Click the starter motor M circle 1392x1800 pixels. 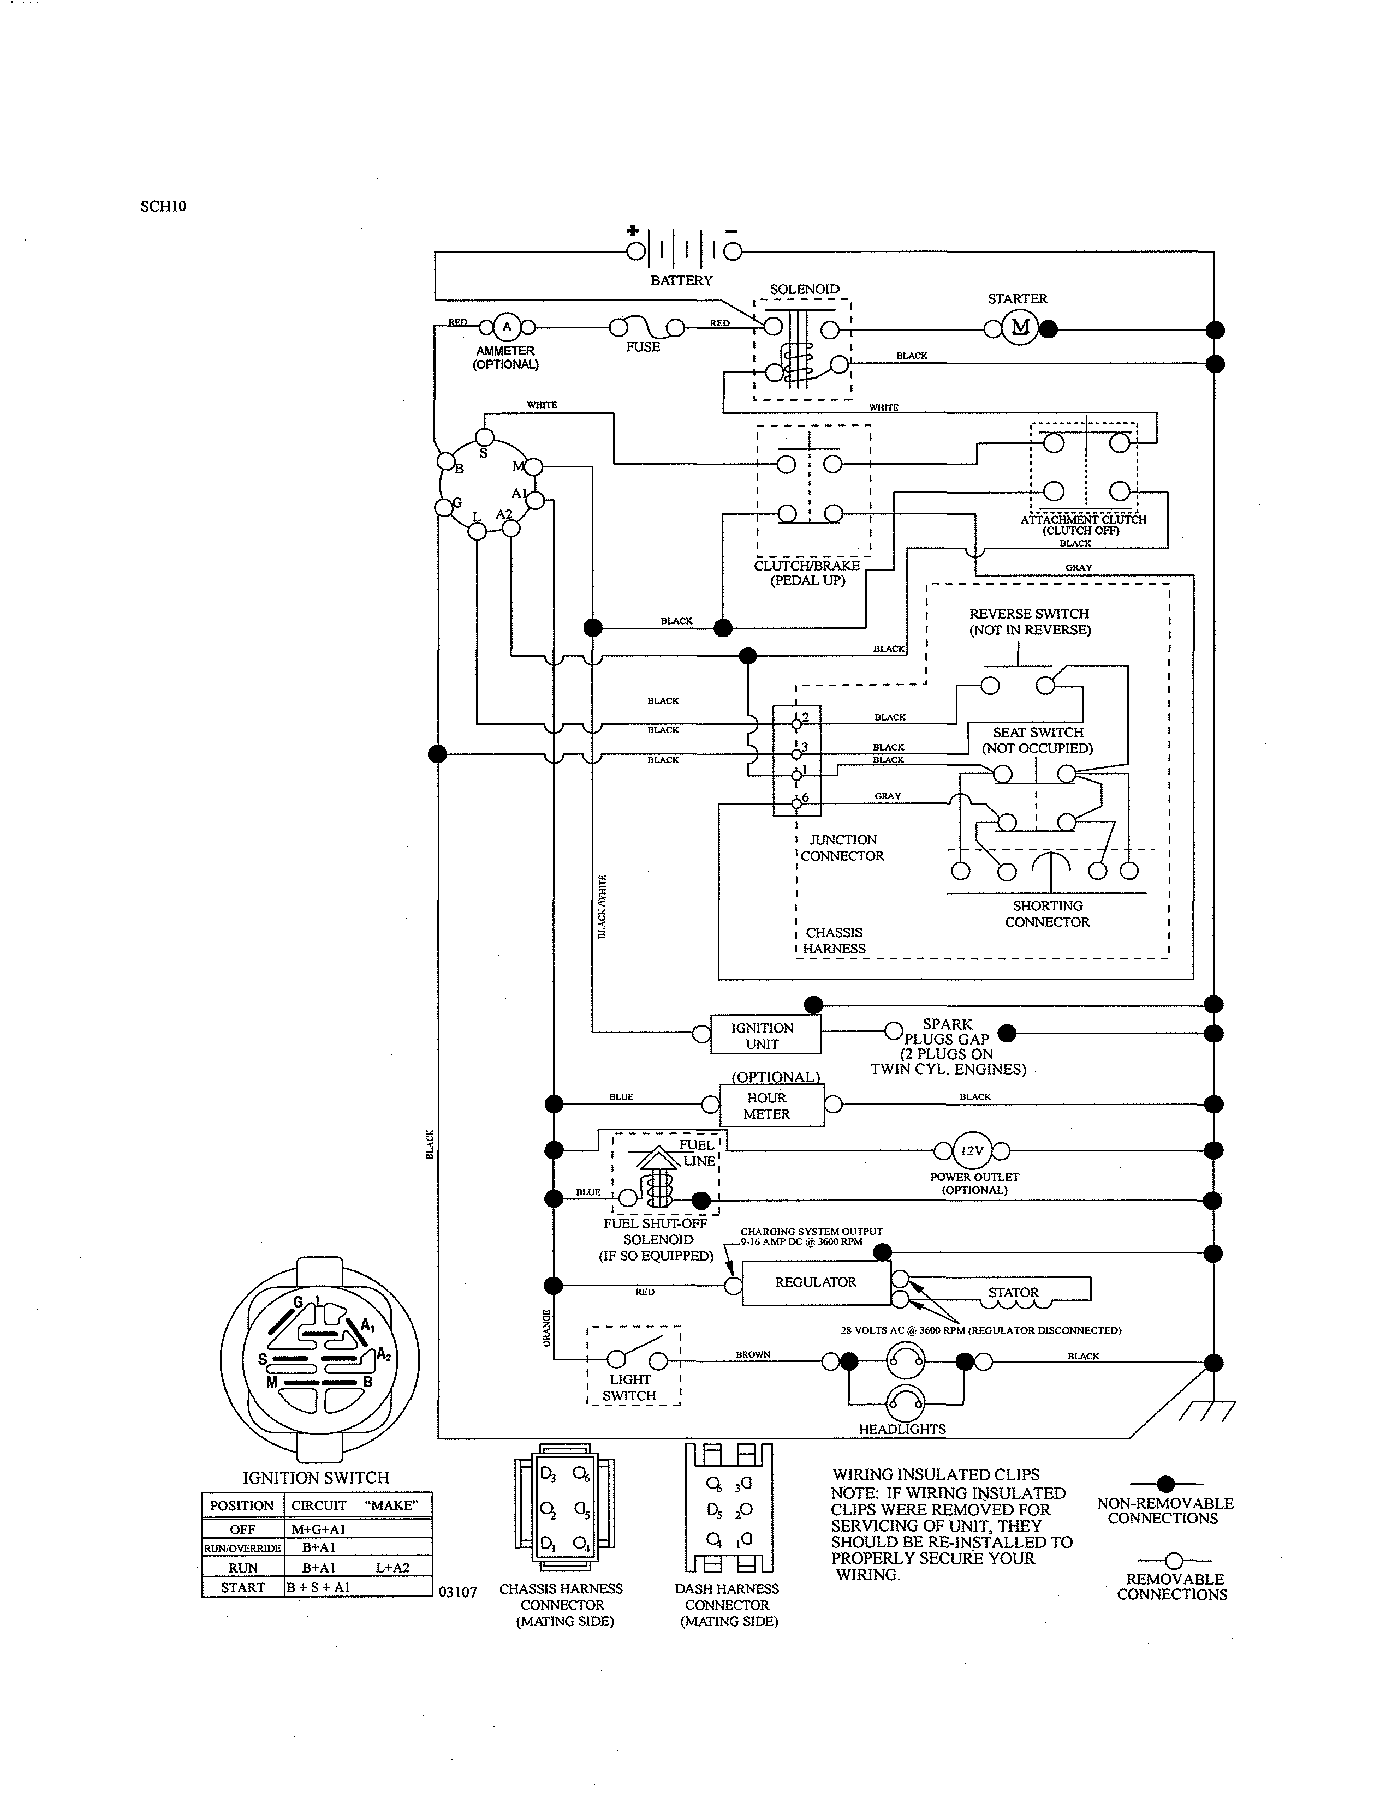[x=1021, y=328]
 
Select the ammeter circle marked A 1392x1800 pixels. [x=507, y=327]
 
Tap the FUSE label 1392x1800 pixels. [x=643, y=347]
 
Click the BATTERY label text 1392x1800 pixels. [x=681, y=280]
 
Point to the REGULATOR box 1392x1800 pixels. [x=816, y=1282]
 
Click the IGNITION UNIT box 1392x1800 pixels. [x=763, y=1035]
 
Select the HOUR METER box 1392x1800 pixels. [x=768, y=1105]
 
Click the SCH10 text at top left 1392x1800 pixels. [x=163, y=206]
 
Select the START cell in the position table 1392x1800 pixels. [x=242, y=1587]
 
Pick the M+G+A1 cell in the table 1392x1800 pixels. [x=318, y=1529]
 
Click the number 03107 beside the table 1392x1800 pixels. [x=457, y=1592]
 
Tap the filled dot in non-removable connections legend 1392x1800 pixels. [x=1165, y=1484]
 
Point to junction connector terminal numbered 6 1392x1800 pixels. [x=796, y=803]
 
